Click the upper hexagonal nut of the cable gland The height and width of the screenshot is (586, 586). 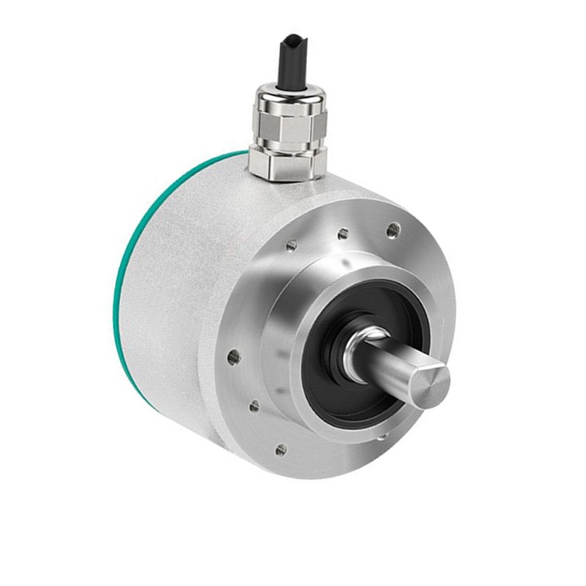[286, 125]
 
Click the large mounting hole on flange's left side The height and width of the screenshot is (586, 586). [234, 357]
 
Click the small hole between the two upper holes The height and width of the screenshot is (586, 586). [342, 235]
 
